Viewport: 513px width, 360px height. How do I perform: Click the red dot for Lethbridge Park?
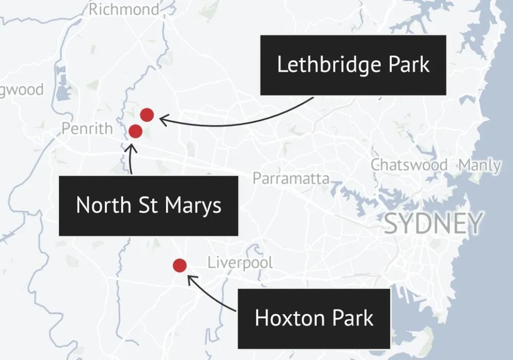click(x=147, y=114)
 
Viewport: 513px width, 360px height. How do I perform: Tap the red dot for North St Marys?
click(x=135, y=131)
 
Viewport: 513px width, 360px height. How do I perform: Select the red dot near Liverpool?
click(x=179, y=265)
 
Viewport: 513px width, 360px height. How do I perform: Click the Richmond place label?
click(x=124, y=9)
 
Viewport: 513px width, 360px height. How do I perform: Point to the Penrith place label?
click(x=87, y=128)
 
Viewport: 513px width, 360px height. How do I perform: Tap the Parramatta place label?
click(x=291, y=178)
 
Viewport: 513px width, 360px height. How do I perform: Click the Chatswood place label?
click(x=409, y=165)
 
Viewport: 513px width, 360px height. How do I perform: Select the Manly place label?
click(x=480, y=165)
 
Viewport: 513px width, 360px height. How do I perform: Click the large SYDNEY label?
click(x=433, y=224)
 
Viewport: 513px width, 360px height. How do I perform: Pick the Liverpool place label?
click(x=240, y=262)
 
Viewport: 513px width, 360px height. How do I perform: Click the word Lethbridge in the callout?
click(x=329, y=65)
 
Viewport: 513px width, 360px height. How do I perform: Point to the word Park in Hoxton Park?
click(x=353, y=318)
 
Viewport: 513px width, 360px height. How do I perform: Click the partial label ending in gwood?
click(x=22, y=89)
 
